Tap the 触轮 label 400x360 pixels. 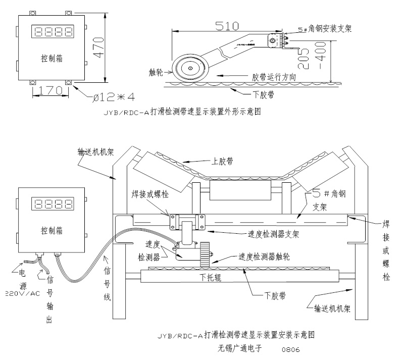(x=155, y=72)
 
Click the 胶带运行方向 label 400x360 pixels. (x=274, y=77)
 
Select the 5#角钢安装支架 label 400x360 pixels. (x=323, y=30)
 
